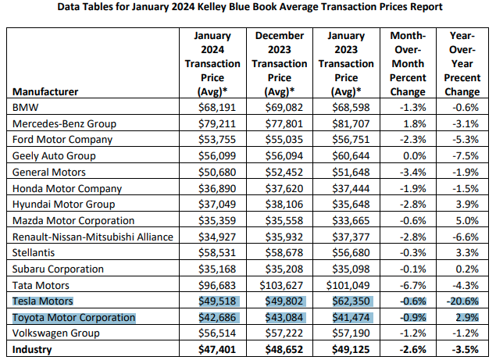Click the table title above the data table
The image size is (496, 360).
coord(248,7)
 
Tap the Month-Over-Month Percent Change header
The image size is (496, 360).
coord(406,63)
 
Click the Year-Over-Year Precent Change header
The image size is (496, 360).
coord(461,63)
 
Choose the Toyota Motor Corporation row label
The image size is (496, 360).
coord(73,318)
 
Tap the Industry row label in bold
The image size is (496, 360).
coord(33,350)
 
